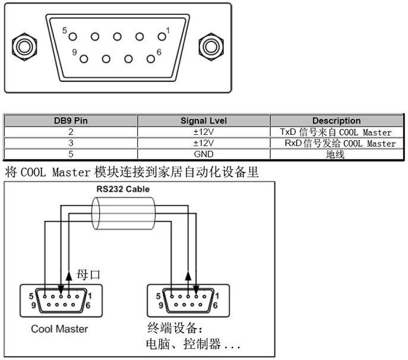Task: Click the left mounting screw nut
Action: (23, 46)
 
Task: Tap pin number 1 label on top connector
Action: (168, 30)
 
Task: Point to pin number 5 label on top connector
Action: (66, 30)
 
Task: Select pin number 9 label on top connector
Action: (75, 52)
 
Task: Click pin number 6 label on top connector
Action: (159, 52)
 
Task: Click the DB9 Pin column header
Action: (71, 121)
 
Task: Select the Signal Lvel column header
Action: (204, 121)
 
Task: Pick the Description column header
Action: (336, 121)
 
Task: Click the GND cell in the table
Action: (204, 154)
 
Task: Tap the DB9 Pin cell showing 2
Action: (71, 132)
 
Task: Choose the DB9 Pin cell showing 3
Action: (71, 143)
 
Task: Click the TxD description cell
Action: (336, 132)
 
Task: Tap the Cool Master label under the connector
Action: (59, 329)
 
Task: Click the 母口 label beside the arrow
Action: (90, 274)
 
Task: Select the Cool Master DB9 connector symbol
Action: (59, 300)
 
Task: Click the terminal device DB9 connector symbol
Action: (188, 300)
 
